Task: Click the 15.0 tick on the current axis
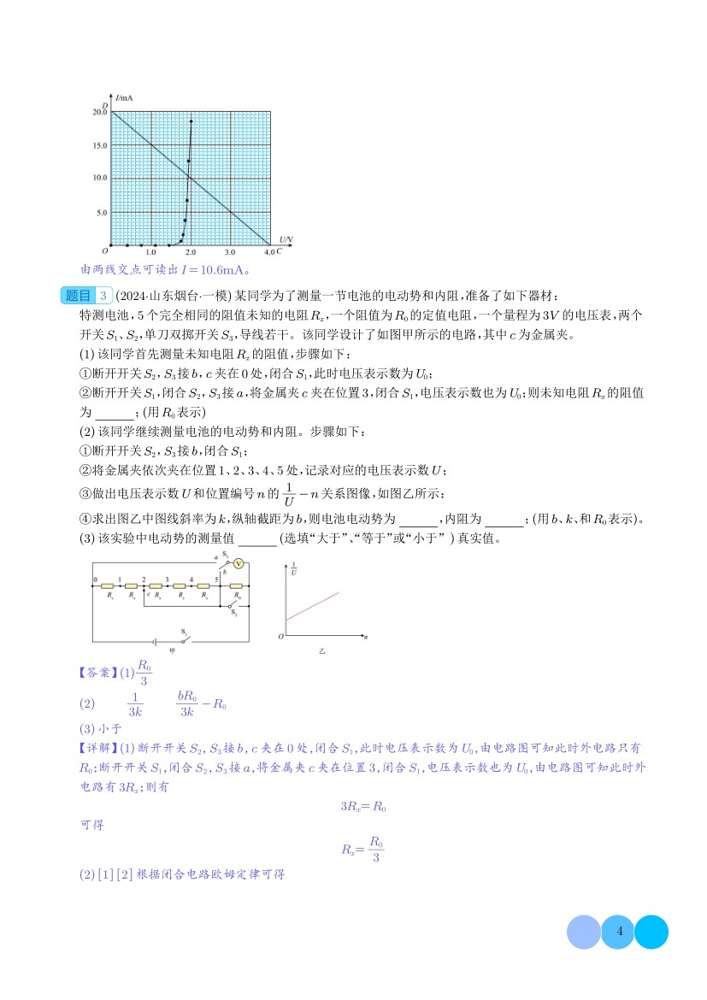tap(100, 145)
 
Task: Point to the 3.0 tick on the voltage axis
tap(230, 253)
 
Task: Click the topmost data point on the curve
tap(191, 121)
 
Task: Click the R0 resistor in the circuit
tap(237, 587)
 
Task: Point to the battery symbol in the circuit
tap(154, 640)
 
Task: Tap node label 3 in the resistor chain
tap(167, 579)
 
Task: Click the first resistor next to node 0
tap(109, 587)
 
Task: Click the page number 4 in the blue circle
tap(618, 932)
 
